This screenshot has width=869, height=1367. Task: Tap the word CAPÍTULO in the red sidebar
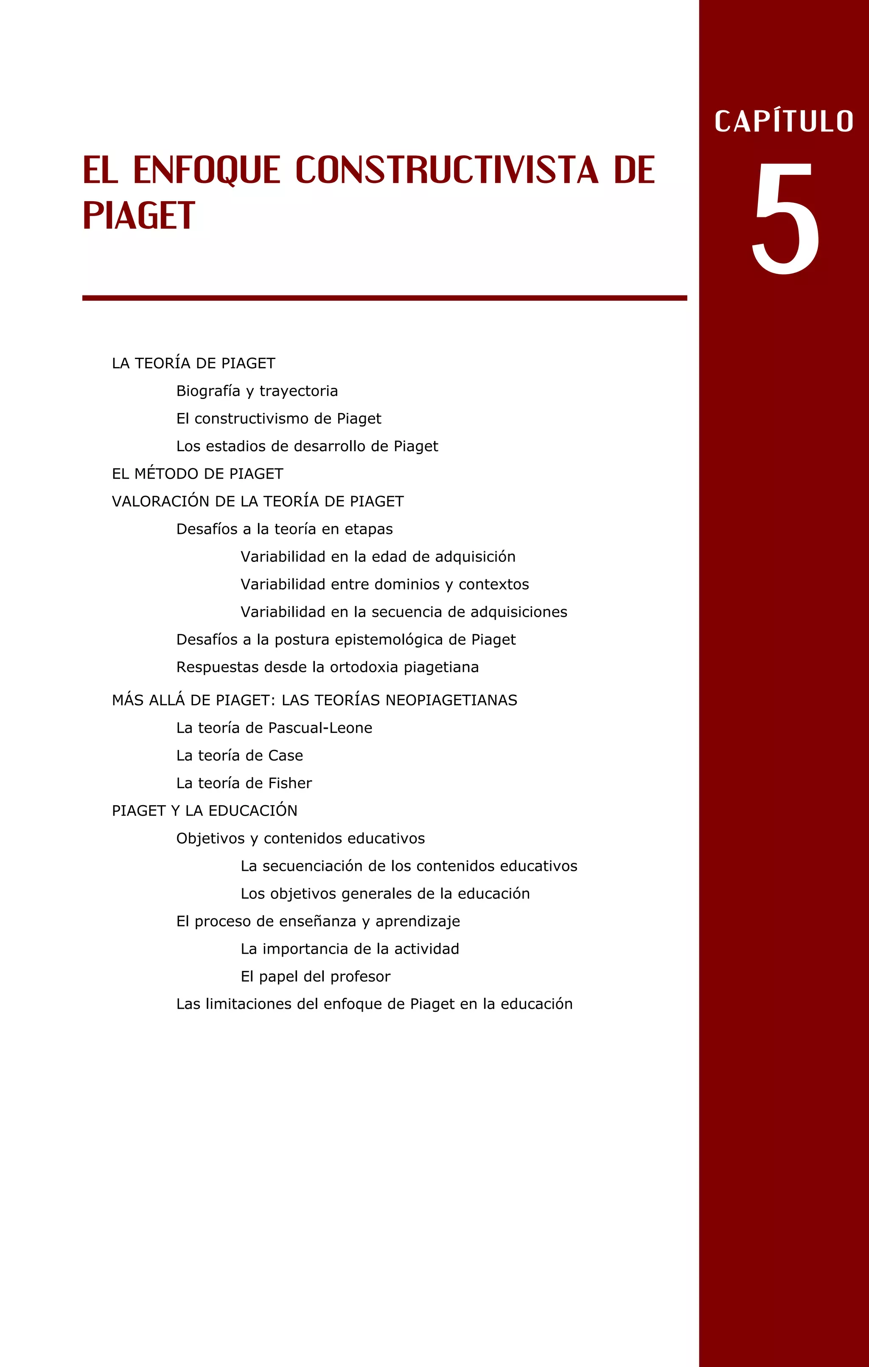784,121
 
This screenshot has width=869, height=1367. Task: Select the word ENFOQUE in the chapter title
207,170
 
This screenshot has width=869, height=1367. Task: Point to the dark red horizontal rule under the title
384,298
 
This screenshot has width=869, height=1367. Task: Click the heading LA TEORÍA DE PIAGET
193,363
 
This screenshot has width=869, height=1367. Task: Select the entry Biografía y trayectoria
257,391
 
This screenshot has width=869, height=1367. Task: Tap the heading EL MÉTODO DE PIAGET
198,474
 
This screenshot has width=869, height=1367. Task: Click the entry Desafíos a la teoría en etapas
284,529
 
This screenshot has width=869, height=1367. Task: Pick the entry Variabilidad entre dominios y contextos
385,584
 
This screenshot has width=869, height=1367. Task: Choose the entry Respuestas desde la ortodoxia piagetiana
328,667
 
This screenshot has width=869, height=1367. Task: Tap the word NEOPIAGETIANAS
451,701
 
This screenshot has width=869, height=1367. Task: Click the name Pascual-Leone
320,728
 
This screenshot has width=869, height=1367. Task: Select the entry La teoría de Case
240,755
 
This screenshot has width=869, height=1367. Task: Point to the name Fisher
290,783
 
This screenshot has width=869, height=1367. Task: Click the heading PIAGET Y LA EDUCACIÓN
205,811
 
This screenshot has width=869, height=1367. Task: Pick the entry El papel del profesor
316,977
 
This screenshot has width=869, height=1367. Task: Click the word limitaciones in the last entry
249,1004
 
